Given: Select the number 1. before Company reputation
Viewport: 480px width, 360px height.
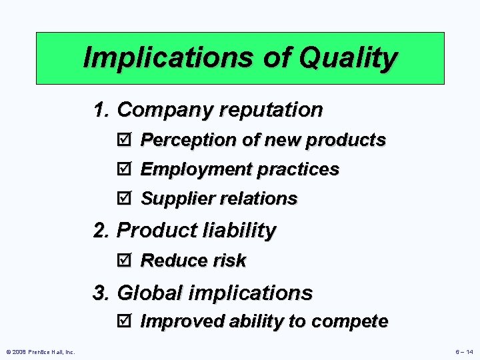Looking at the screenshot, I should [x=102, y=109].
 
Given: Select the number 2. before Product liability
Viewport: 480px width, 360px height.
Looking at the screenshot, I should [x=102, y=231].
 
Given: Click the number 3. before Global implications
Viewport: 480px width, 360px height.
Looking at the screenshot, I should [x=102, y=293].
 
